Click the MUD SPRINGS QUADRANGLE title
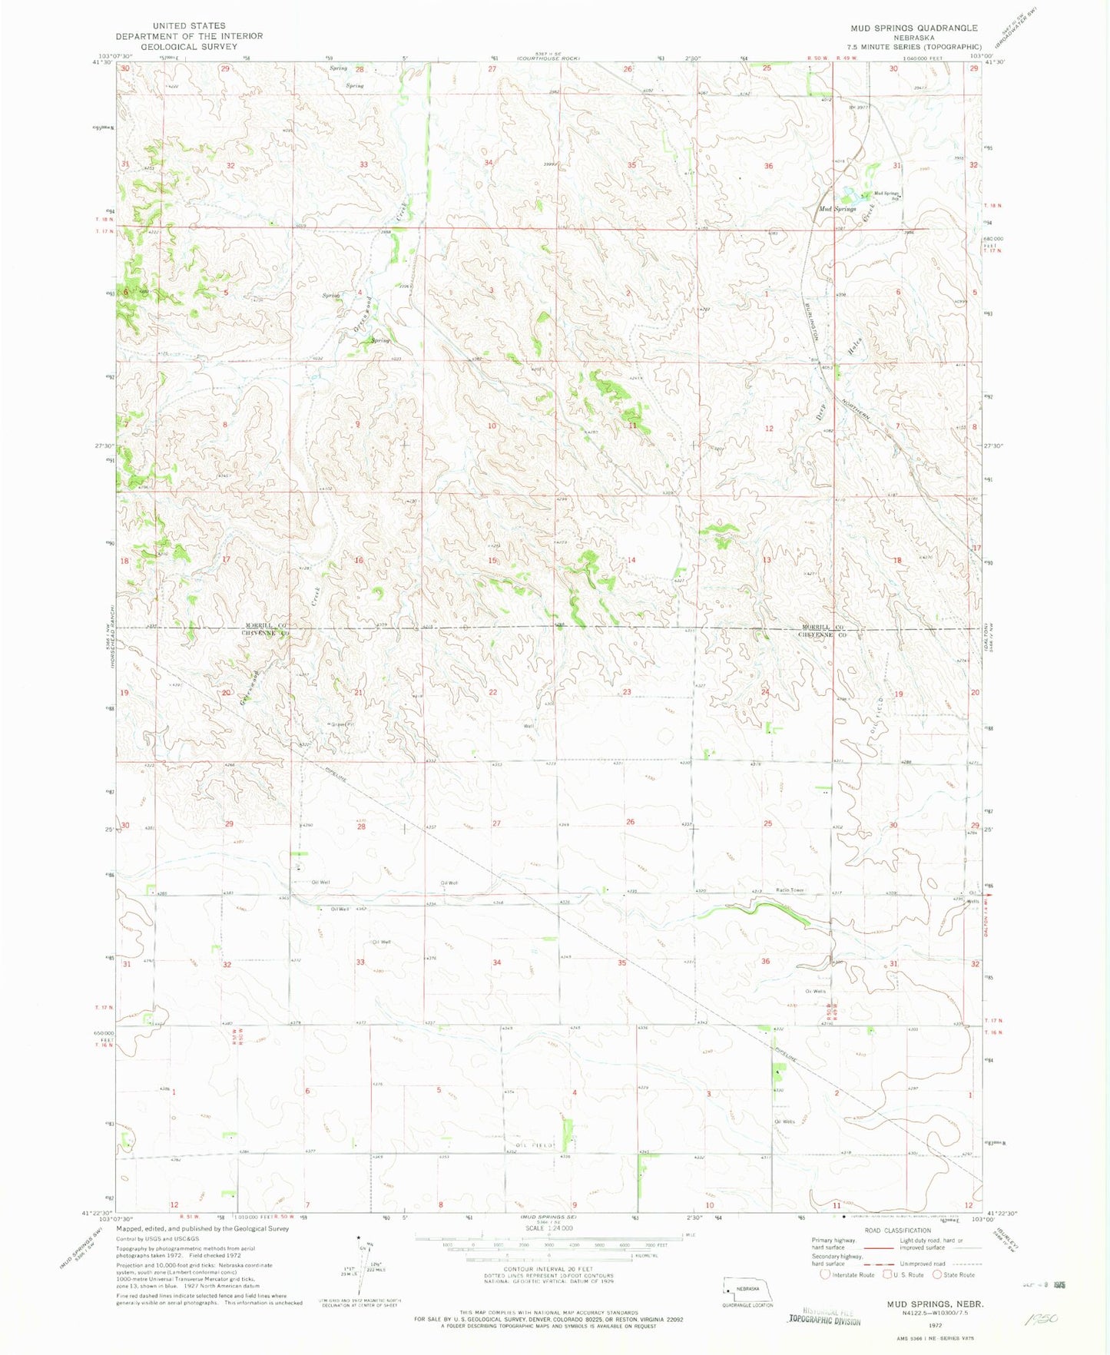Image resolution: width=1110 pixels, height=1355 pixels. coord(913,28)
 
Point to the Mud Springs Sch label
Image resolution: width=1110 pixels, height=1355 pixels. coord(886,194)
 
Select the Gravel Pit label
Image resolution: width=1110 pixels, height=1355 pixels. coord(343,724)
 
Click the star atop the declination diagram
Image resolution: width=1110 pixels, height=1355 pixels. coord(359,1237)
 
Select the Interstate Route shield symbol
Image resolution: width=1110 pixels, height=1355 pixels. coord(824,1274)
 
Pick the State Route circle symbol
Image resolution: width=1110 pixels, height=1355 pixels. coord(938,1274)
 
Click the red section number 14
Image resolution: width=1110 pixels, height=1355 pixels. coord(631,560)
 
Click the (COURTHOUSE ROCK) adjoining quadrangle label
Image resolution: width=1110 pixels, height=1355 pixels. coord(548,58)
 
